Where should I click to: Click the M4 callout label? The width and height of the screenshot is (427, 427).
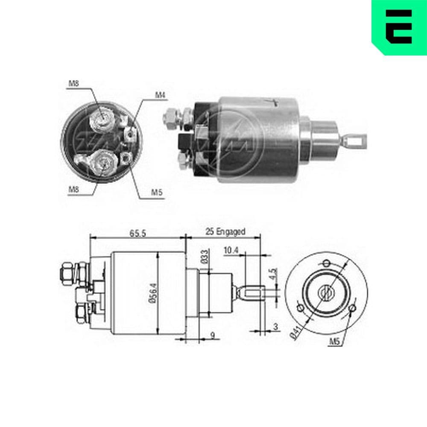tap(160, 95)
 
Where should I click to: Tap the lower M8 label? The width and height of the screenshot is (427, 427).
tap(73, 189)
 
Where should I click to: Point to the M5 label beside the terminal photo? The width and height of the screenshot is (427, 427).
tap(158, 192)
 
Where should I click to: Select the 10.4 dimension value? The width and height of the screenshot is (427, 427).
tap(231, 251)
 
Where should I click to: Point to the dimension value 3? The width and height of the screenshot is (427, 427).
tap(275, 327)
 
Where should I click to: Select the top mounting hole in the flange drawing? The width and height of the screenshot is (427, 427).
tap(327, 262)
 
